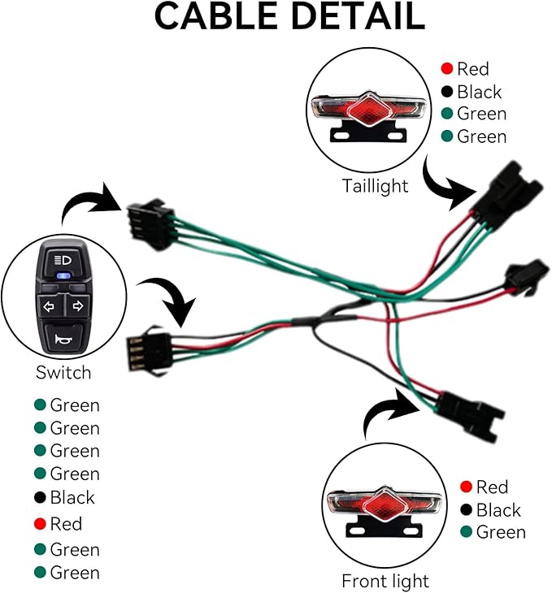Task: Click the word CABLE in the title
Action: pos(216,16)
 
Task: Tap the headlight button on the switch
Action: pos(63,261)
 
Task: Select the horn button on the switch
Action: pos(63,337)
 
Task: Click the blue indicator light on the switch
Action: pos(63,275)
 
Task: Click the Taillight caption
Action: pos(376,186)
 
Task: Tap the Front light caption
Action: pos(385,581)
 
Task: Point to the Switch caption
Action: pos(63,373)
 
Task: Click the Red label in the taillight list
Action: pos(473,69)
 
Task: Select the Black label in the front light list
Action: pos(498,510)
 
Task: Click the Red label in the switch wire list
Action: pos(66,524)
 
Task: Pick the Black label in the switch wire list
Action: pos(72,498)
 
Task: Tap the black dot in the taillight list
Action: pos(447,92)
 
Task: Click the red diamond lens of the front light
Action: pos(384,505)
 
